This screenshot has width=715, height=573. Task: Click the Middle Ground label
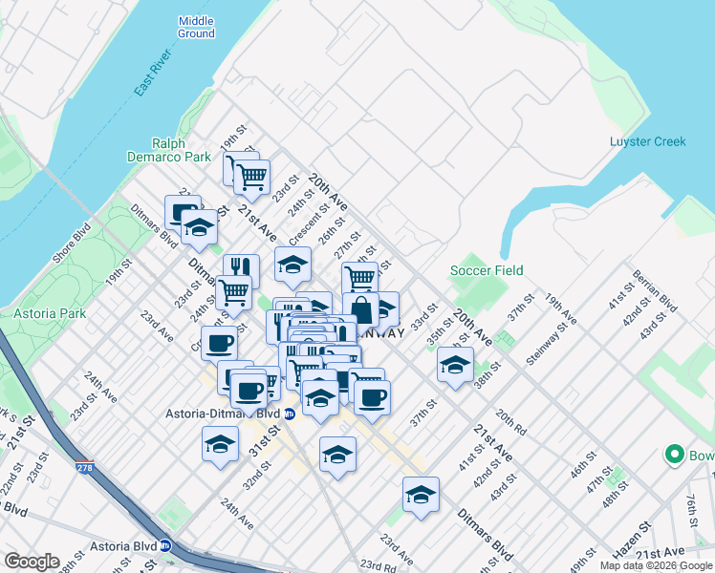pos(196,27)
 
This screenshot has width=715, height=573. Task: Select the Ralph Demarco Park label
pos(167,150)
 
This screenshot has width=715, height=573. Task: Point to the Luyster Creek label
pos(647,142)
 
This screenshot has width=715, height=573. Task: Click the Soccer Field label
pos(487,270)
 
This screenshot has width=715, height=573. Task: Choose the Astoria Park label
pos(43,313)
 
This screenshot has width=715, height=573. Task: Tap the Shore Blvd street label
pos(72,246)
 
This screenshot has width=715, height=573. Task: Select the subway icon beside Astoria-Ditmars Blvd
pos(290,414)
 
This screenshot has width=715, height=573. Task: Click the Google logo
pos(32,562)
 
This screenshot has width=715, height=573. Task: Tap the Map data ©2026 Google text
pos(655,565)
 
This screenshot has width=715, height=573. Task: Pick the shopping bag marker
pos(361,310)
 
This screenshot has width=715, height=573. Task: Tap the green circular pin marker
pos(676,456)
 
